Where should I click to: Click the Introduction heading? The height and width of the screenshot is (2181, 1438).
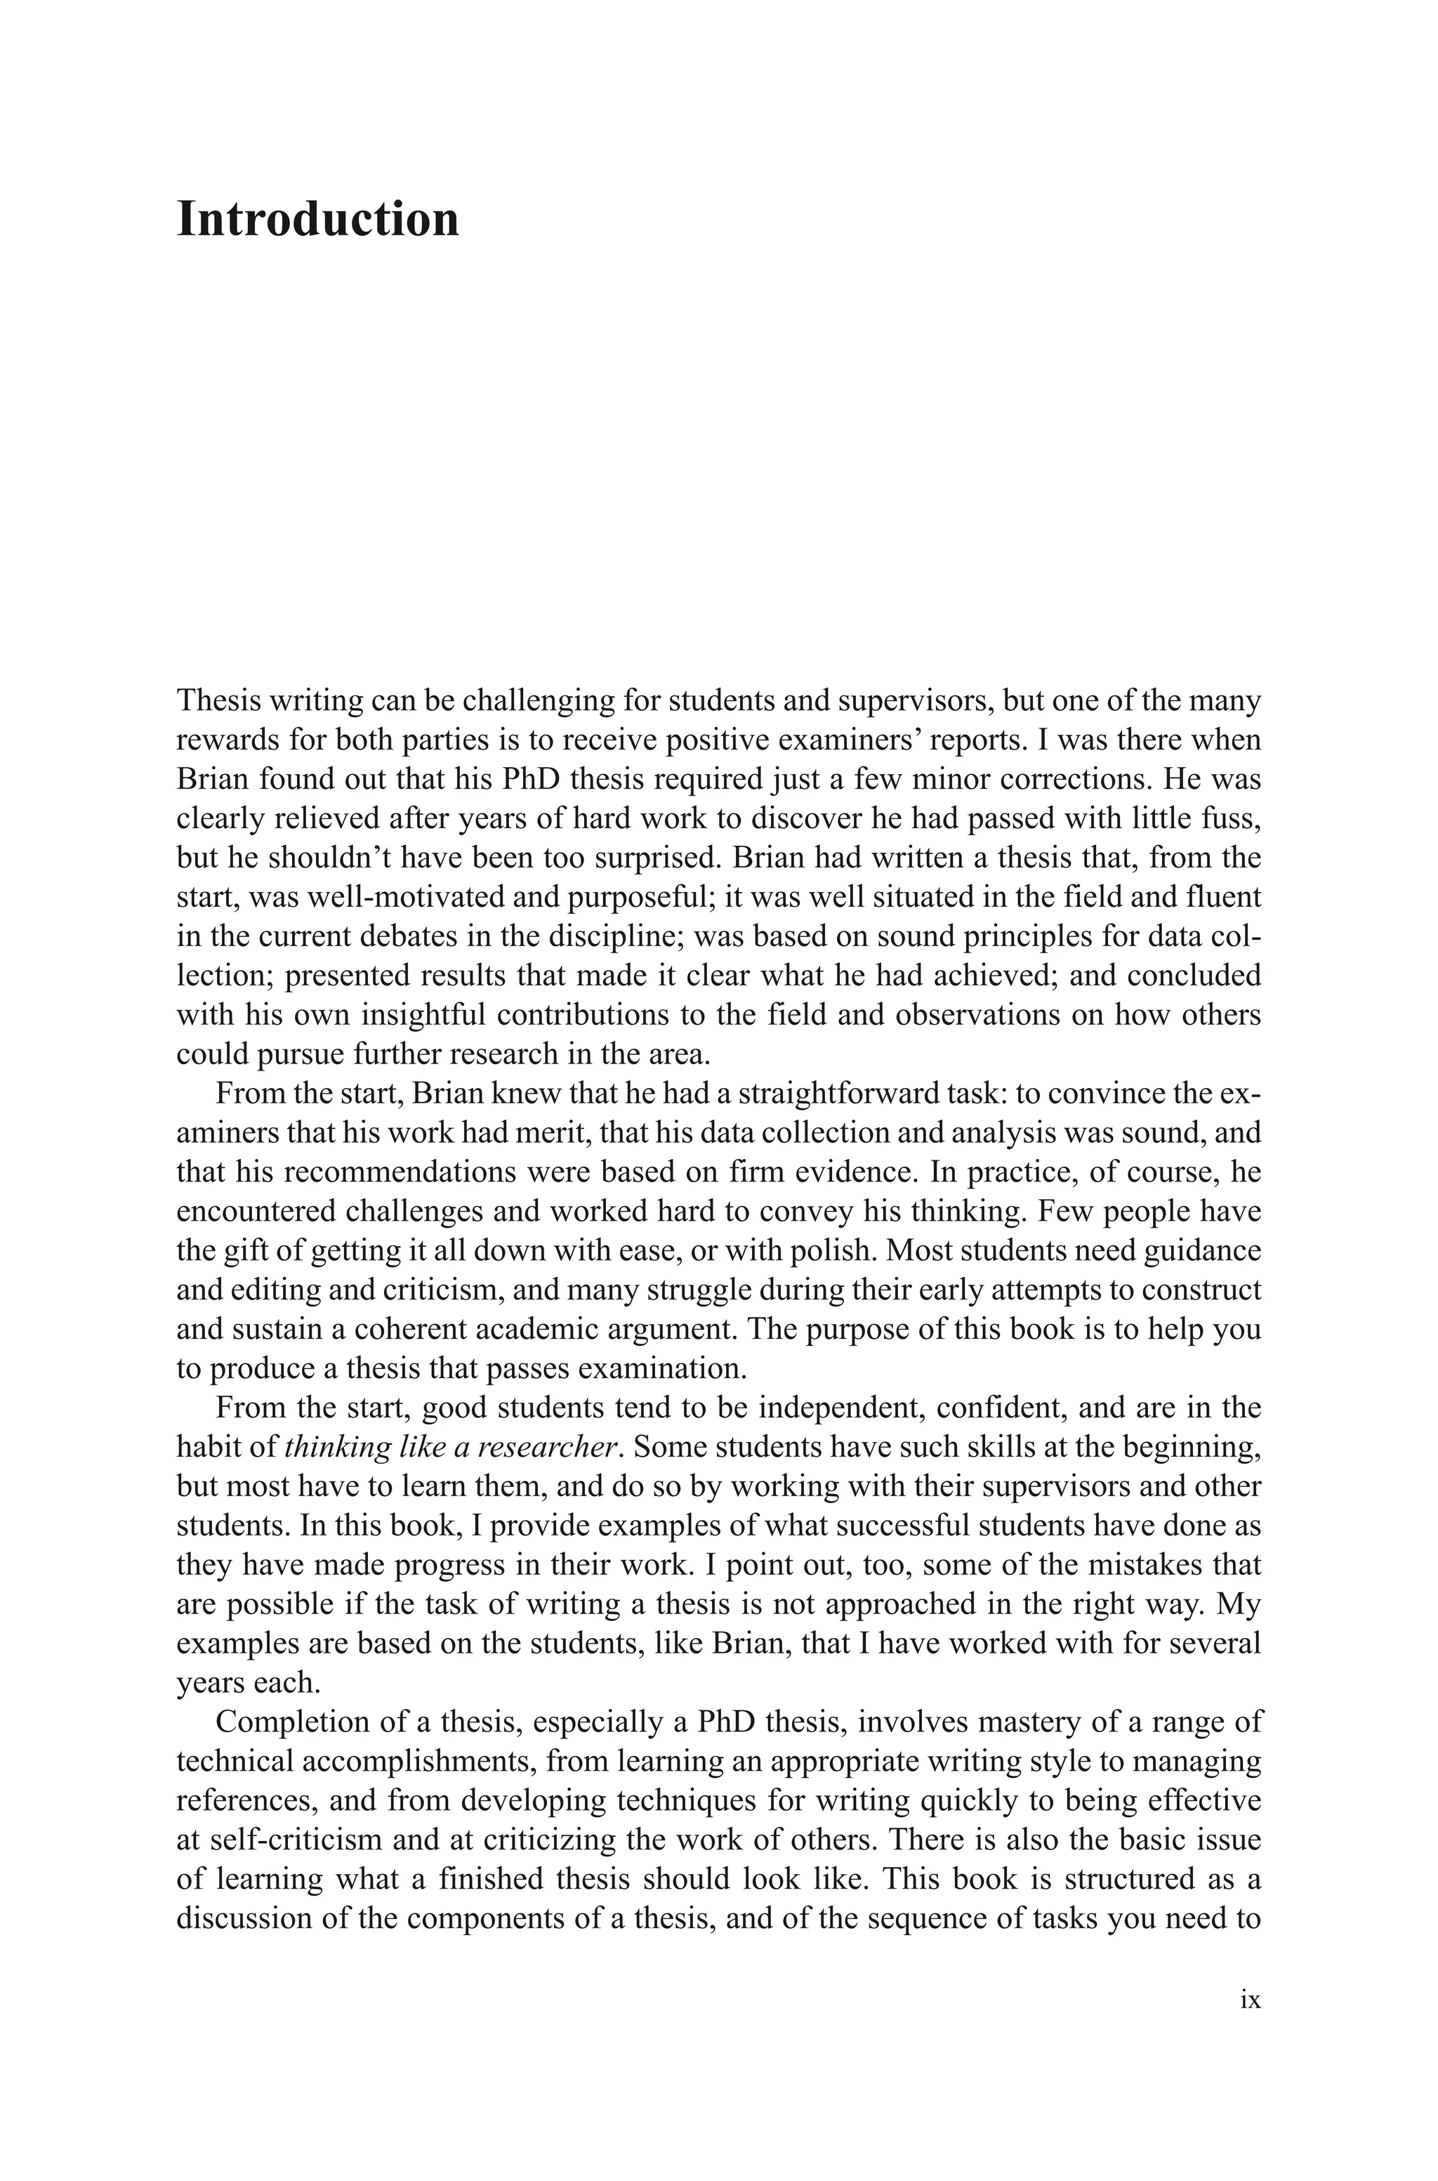point(317,220)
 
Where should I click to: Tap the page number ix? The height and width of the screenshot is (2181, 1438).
point(1249,2025)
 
